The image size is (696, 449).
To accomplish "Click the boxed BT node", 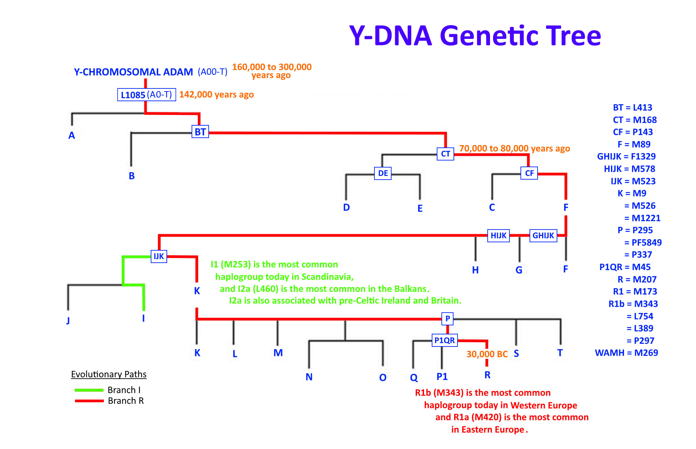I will point(200,132).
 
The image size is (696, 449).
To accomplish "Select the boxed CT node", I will point(445,154).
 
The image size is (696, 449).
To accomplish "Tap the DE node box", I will point(383,173).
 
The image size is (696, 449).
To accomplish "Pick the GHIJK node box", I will point(543,236).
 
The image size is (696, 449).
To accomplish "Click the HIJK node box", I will point(498,236).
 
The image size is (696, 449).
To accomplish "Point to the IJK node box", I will point(159,256).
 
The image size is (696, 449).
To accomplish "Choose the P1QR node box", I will point(444,340).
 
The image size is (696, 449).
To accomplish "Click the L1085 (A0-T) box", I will point(146,95).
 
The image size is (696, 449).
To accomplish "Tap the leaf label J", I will point(68,320).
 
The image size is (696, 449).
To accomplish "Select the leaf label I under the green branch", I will point(144,318).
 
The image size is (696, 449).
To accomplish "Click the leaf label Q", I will point(414,378).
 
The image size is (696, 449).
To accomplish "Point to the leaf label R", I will point(487,375).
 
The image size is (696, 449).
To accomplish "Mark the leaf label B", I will point(132,176).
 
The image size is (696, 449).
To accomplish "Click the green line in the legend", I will point(89,390).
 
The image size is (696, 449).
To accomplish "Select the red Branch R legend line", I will point(89,401).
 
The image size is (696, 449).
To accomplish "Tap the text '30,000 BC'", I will point(487,354).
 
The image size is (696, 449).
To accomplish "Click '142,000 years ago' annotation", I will point(216,95).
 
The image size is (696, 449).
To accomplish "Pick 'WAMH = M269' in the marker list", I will point(626,353).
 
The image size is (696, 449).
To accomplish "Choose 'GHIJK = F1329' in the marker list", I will point(626,156).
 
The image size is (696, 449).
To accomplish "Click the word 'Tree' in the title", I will point(574,36).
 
